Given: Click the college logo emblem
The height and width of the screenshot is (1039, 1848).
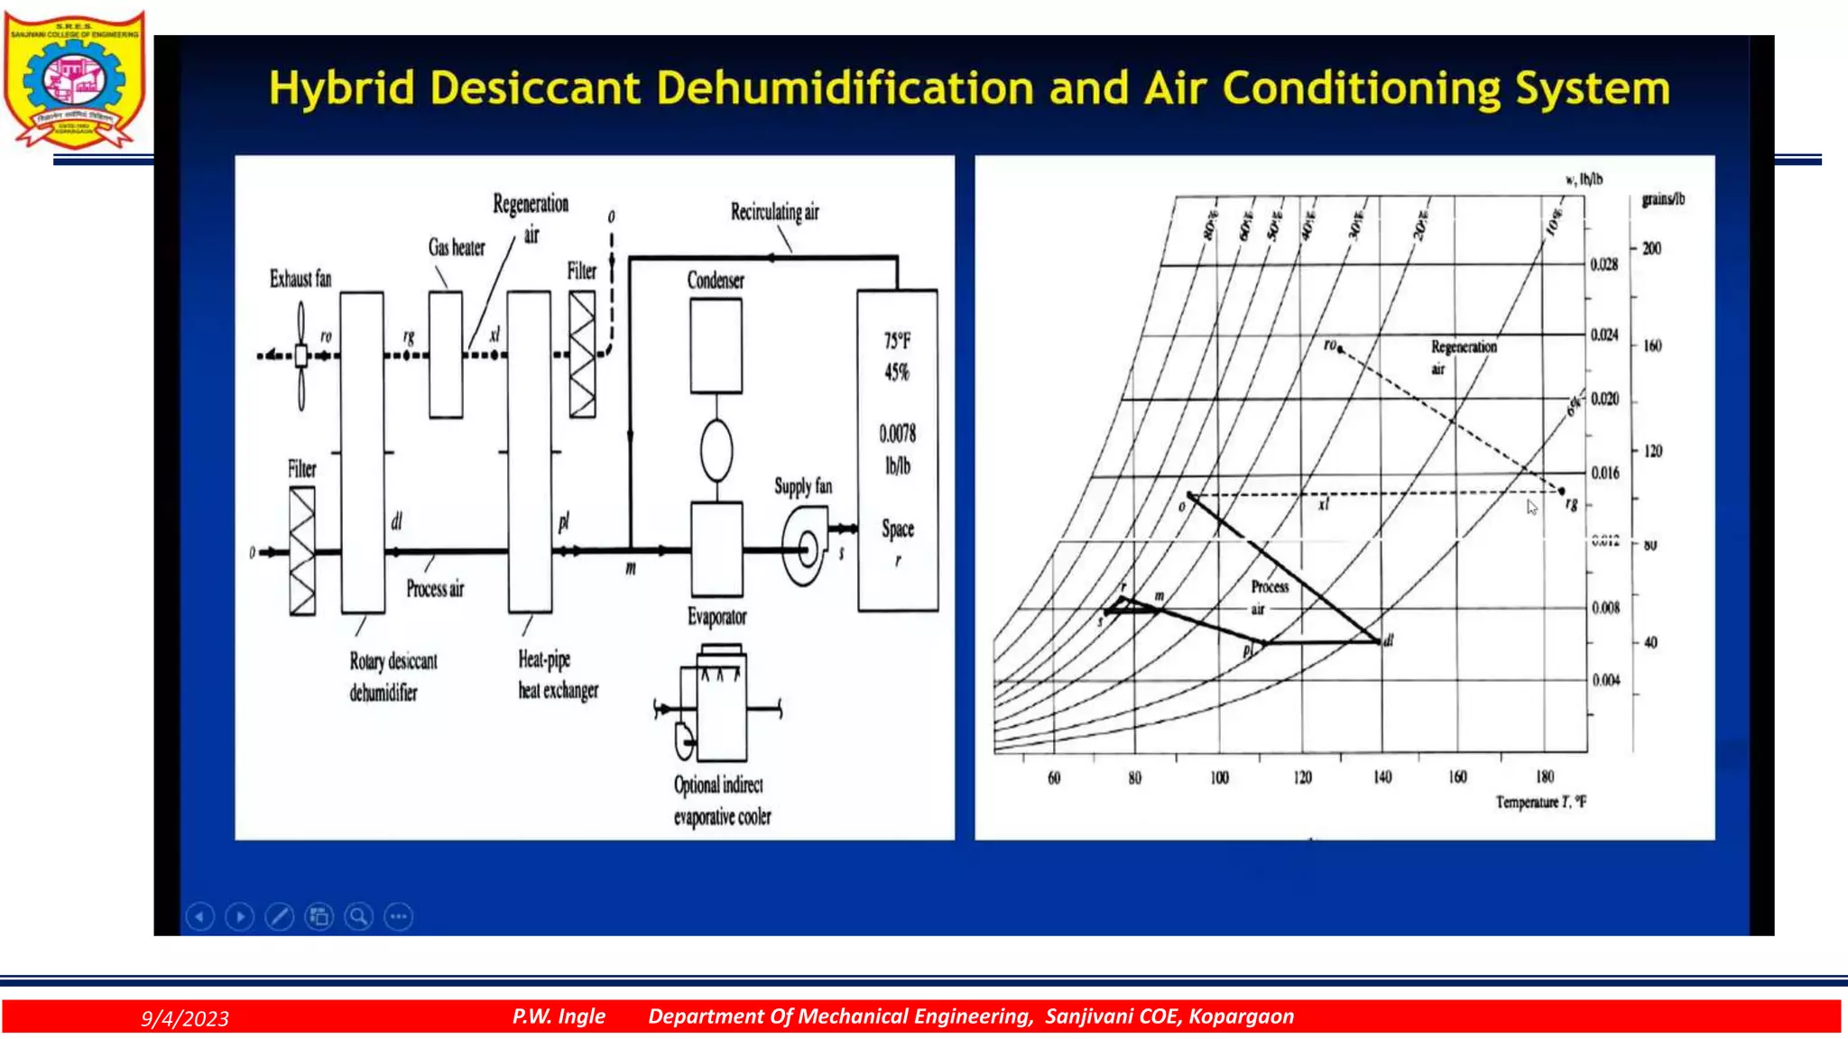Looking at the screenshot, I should click(x=74, y=79).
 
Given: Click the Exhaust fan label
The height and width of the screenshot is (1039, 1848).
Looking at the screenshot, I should click(x=300, y=279).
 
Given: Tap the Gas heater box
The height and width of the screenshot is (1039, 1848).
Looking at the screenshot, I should click(x=446, y=354).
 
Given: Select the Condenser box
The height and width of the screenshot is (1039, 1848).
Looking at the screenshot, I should click(x=716, y=345).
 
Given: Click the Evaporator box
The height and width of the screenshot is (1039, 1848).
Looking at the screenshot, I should click(x=716, y=549).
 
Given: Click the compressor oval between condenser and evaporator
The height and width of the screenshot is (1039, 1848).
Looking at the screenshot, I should click(x=716, y=450).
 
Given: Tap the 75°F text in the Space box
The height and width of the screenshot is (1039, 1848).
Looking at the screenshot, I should click(x=897, y=341).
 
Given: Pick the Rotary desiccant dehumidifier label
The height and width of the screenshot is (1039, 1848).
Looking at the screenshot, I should click(x=393, y=676).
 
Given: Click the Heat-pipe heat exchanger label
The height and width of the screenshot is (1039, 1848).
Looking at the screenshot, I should click(x=558, y=675).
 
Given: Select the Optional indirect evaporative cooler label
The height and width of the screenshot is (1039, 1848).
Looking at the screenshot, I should click(x=722, y=800).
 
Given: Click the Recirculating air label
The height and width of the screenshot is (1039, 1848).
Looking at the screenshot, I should click(x=774, y=212).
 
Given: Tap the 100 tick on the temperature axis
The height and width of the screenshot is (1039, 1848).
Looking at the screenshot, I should click(x=1219, y=777).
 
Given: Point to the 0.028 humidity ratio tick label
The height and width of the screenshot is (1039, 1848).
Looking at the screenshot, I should click(x=1603, y=264).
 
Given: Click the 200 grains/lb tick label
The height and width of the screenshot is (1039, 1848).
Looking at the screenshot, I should click(x=1651, y=248).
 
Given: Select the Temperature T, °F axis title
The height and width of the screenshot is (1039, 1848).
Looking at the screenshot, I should click(x=1540, y=802).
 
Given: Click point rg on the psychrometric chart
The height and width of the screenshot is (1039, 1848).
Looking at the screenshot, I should click(x=1562, y=492).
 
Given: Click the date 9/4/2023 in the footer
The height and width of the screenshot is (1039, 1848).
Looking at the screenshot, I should click(x=185, y=1018).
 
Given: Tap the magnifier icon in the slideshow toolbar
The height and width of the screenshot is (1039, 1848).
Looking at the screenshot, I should click(x=358, y=917).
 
